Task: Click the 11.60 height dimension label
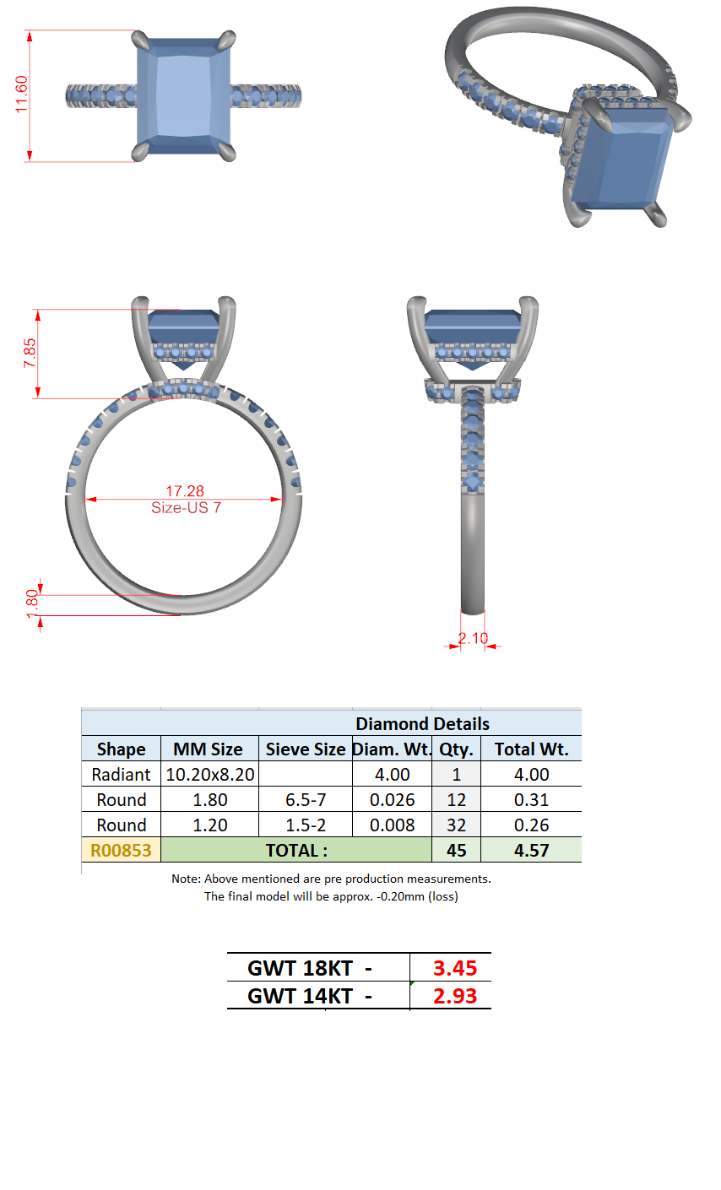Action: coord(21,94)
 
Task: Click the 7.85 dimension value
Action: coord(30,354)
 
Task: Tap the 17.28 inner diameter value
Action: coord(184,491)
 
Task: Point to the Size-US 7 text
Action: coord(186,508)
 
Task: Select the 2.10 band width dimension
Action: coord(473,638)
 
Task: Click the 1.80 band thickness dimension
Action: coord(32,603)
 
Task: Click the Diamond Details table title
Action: coord(422,723)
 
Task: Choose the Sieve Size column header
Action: coord(306,749)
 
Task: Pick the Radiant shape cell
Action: coord(121,775)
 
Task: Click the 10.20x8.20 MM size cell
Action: coord(210,775)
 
